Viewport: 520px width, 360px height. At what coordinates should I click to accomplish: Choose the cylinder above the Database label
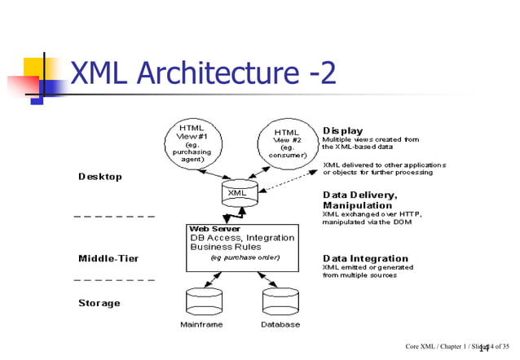(x=280, y=301)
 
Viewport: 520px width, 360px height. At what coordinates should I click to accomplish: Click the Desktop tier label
(x=100, y=177)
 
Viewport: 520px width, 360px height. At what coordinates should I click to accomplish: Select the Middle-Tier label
(x=108, y=258)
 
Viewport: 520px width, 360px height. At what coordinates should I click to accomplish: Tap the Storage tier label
(x=99, y=303)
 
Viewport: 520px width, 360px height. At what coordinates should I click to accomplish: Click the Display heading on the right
(x=343, y=130)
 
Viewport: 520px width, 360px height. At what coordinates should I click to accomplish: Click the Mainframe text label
(x=201, y=325)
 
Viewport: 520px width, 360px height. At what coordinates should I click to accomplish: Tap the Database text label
(x=280, y=325)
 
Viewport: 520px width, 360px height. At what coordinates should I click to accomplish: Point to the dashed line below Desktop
(x=114, y=217)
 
